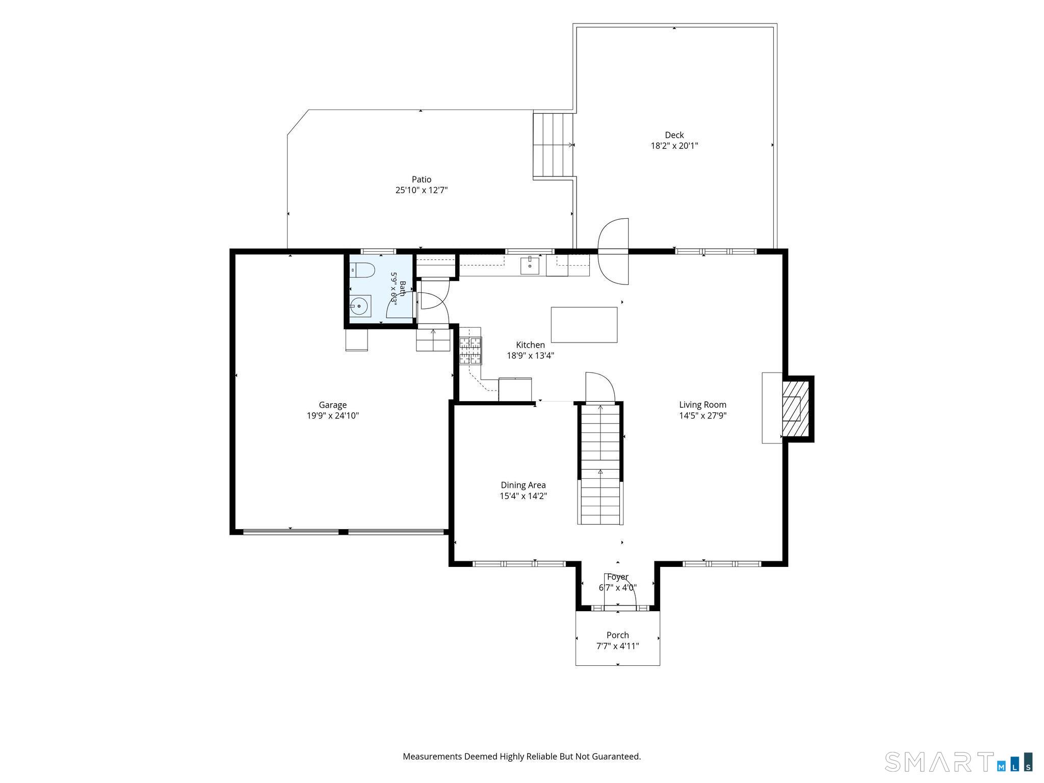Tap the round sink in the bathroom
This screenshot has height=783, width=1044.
(359, 306)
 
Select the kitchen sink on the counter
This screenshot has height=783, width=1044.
(530, 266)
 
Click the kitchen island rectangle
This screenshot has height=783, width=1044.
(584, 325)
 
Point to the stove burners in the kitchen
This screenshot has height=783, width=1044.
(471, 351)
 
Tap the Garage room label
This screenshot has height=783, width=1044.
(333, 405)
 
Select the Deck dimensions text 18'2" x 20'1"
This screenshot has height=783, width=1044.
(674, 146)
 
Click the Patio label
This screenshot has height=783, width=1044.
(422, 179)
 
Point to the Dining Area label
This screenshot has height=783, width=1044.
(523, 485)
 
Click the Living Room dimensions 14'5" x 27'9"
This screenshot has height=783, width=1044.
(702, 415)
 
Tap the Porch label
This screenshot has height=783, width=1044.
(618, 635)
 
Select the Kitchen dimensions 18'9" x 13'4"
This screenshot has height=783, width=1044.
(530, 356)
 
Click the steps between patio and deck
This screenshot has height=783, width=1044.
(554, 145)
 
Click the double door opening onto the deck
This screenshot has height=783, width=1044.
(613, 251)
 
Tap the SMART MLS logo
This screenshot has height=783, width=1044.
(959, 762)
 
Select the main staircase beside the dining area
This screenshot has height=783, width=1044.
(601, 464)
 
